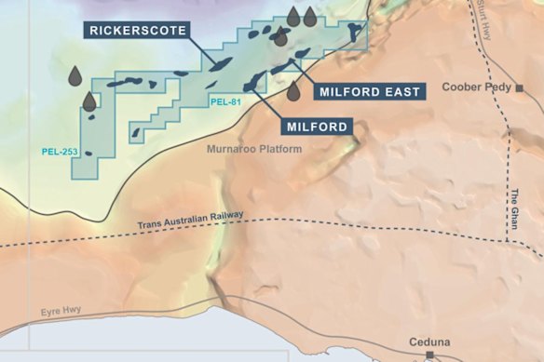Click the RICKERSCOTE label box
pos(139,30)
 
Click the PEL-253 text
pos(57,151)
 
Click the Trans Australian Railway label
pos(190,221)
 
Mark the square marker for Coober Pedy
pos(520,88)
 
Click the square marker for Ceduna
pos(429,355)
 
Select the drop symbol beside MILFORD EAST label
pos(293,91)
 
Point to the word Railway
pos(224,217)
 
